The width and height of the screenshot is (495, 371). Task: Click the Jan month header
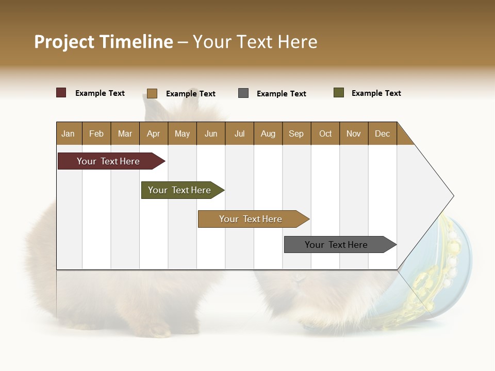[x=69, y=133]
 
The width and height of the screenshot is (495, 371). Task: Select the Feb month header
[x=96, y=133]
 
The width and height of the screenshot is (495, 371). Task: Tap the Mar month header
[x=125, y=133]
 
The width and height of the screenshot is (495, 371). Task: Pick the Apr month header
[x=154, y=133]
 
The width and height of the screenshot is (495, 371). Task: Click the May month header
[x=182, y=133]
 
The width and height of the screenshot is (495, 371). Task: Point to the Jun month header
[x=211, y=133]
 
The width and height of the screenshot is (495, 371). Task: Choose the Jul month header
[x=239, y=133]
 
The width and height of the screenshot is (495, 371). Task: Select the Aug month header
[x=268, y=133]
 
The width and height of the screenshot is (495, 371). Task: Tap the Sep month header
[x=296, y=133]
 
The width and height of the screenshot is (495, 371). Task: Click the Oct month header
[x=325, y=133]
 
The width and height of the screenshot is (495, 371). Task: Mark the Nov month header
[x=354, y=133]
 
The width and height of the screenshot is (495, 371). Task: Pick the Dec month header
[x=383, y=133]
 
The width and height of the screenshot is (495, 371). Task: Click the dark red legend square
[x=61, y=93]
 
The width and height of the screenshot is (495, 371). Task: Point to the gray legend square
[x=243, y=93]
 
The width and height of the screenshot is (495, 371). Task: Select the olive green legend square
[x=339, y=93]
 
